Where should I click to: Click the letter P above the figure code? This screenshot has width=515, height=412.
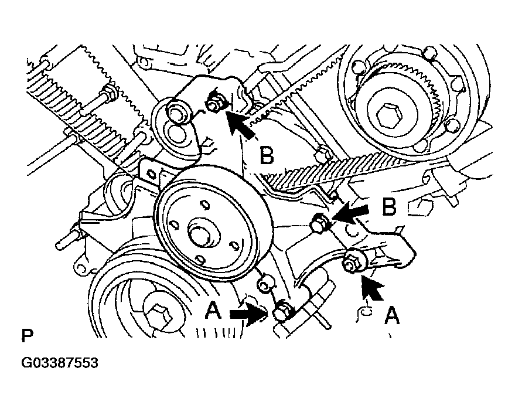click(x=27, y=336)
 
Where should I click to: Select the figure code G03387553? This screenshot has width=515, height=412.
click(x=60, y=363)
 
